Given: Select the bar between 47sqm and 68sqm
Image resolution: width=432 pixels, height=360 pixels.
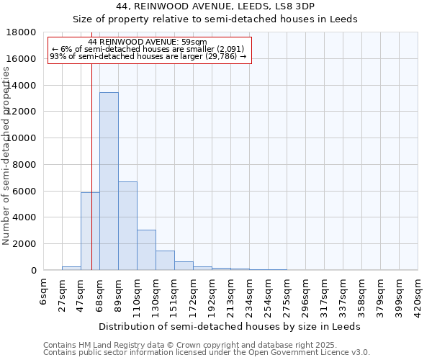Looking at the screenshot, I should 90,231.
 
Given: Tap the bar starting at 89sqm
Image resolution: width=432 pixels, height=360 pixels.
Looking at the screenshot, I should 127,225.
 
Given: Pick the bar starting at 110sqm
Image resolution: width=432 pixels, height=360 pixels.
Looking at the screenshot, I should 146,250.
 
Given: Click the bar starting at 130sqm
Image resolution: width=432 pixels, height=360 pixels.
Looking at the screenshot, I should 165,261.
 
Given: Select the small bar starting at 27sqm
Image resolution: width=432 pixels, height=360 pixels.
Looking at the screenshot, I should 71,268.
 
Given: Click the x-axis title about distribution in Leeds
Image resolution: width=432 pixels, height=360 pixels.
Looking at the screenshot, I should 230,326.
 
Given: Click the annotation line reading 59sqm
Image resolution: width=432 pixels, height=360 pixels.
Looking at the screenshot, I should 150,42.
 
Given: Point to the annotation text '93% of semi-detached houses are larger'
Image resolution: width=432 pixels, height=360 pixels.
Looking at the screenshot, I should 148,56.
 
